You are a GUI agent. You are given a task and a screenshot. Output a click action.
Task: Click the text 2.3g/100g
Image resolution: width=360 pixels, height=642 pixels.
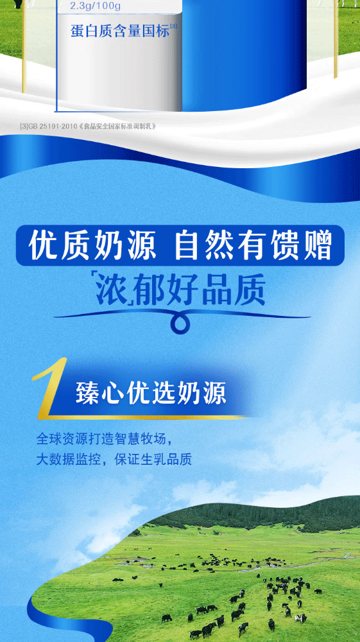click(x=96, y=6)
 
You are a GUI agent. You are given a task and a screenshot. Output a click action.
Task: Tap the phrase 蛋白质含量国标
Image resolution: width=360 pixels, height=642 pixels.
click(x=120, y=31)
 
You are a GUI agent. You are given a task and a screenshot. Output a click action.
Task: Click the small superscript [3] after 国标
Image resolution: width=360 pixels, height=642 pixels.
click(x=174, y=27)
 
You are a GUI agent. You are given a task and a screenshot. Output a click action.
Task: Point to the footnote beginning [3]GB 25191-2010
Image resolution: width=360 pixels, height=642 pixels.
click(x=88, y=126)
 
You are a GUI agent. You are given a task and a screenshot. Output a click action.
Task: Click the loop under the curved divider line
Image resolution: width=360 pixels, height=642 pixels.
click(x=180, y=324)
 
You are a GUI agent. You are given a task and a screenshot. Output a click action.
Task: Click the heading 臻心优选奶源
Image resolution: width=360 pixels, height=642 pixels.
click(x=151, y=394)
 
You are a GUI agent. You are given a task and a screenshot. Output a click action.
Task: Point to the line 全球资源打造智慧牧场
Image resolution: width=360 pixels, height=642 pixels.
click(x=101, y=439)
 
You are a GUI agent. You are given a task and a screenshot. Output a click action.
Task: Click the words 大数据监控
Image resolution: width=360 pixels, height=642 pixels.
click(x=68, y=459)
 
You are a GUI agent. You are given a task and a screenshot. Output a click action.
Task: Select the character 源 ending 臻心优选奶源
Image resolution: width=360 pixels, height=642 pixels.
click(x=215, y=394)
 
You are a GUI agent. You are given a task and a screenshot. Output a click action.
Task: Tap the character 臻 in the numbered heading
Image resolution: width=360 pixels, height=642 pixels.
click(x=87, y=394)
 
